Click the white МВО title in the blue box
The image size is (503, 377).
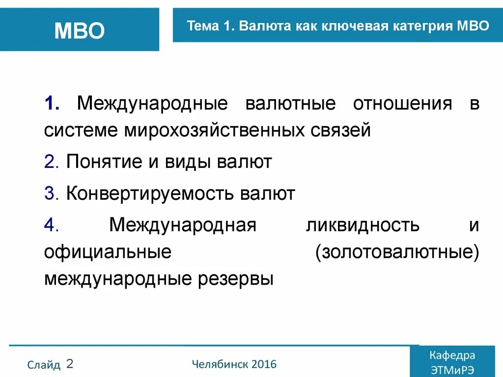pos(80,31)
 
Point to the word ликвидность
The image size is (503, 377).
pos(363,225)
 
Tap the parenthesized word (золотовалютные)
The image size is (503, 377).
pos(397,252)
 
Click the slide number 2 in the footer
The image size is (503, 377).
pos(70,364)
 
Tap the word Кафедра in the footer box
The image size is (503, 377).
pos(452,355)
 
